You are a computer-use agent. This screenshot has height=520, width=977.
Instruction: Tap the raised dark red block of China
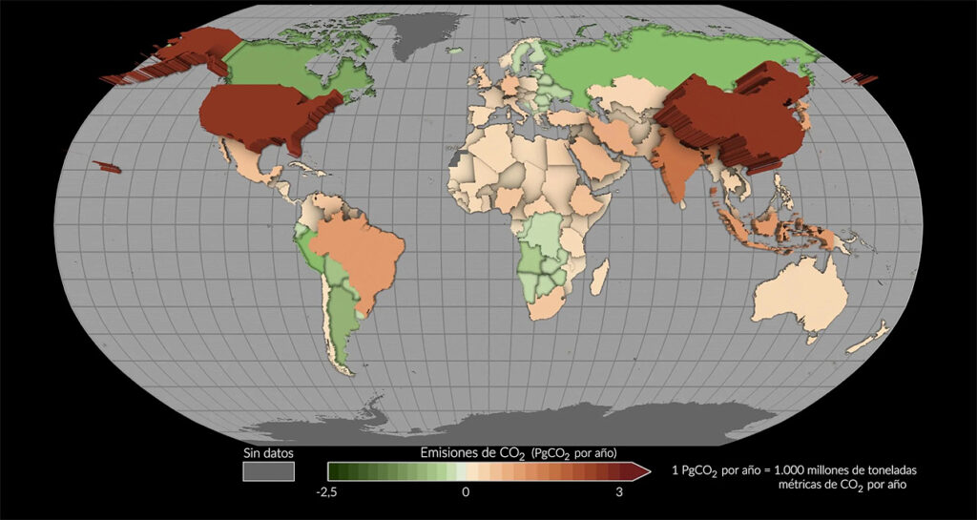735,119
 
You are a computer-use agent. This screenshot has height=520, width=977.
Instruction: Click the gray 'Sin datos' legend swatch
268,471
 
